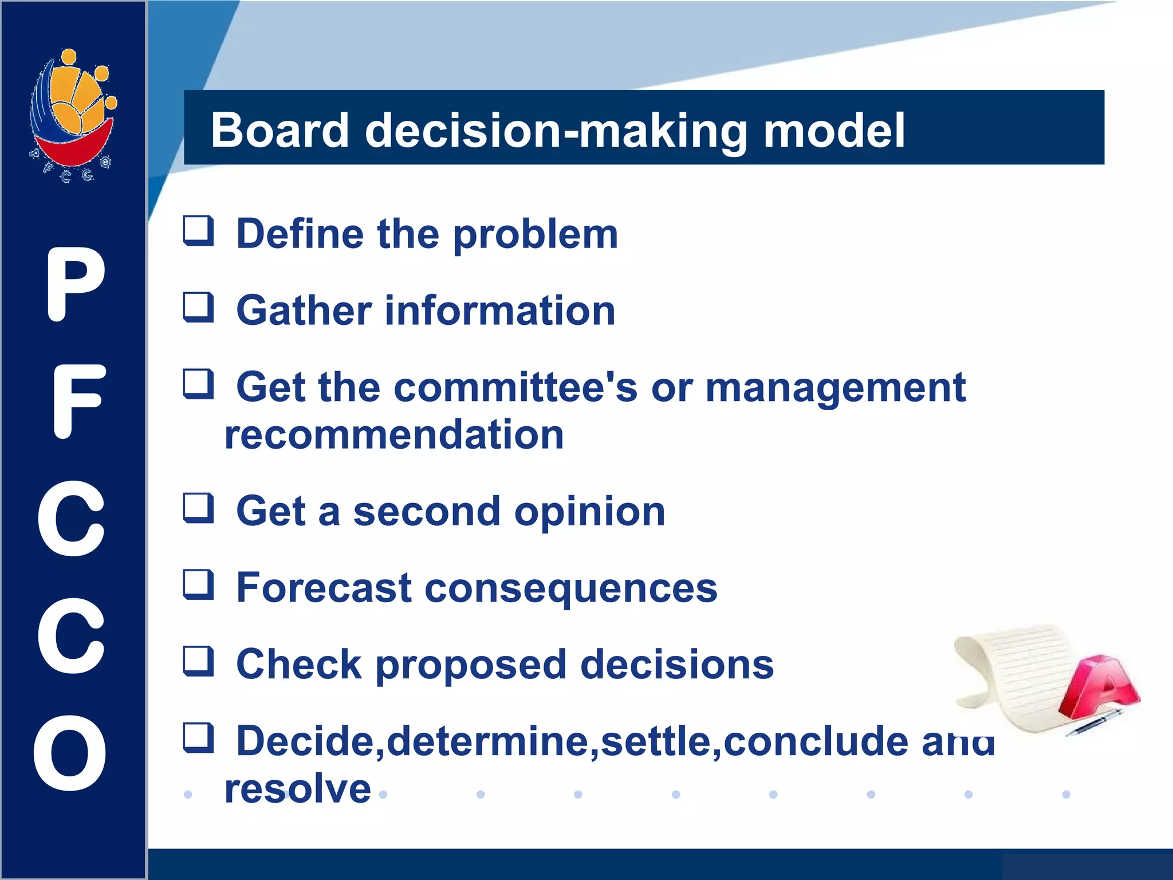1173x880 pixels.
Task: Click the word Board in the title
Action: [x=280, y=131]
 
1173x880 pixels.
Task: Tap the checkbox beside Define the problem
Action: [x=198, y=231]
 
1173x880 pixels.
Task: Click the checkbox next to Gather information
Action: [x=198, y=308]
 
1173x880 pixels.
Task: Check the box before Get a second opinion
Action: [x=198, y=508]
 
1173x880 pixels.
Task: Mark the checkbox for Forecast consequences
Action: [x=198, y=585]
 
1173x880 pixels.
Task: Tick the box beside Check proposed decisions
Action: [x=198, y=662]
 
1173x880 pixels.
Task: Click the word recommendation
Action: [x=394, y=435]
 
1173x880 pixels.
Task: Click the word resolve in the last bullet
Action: [x=298, y=789]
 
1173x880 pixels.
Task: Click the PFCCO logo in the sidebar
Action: [x=73, y=115]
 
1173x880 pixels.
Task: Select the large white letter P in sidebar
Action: [x=74, y=285]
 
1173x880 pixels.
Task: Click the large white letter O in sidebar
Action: [x=70, y=753]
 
